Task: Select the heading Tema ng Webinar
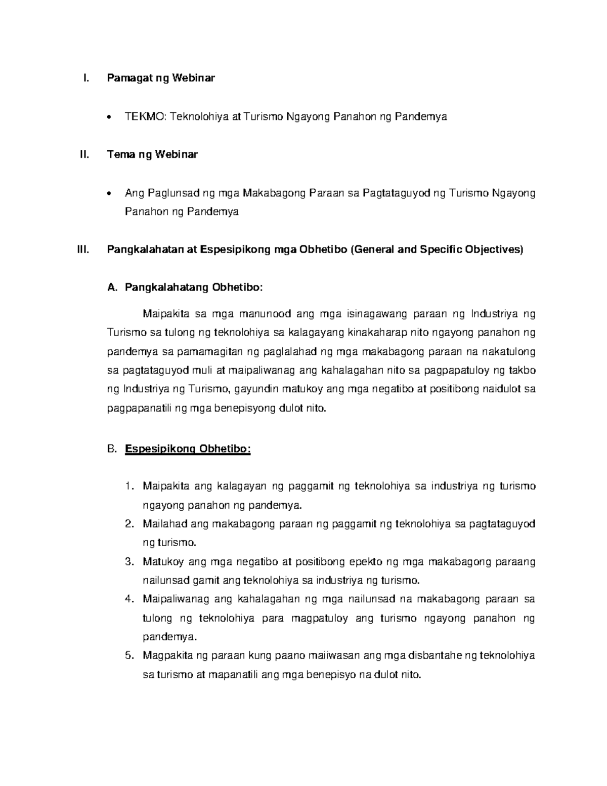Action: (x=152, y=155)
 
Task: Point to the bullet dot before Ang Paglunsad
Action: (x=110, y=194)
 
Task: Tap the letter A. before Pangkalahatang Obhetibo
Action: (x=112, y=287)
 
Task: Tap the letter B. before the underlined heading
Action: (x=112, y=449)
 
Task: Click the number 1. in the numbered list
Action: (x=129, y=486)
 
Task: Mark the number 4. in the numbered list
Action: (x=128, y=599)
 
